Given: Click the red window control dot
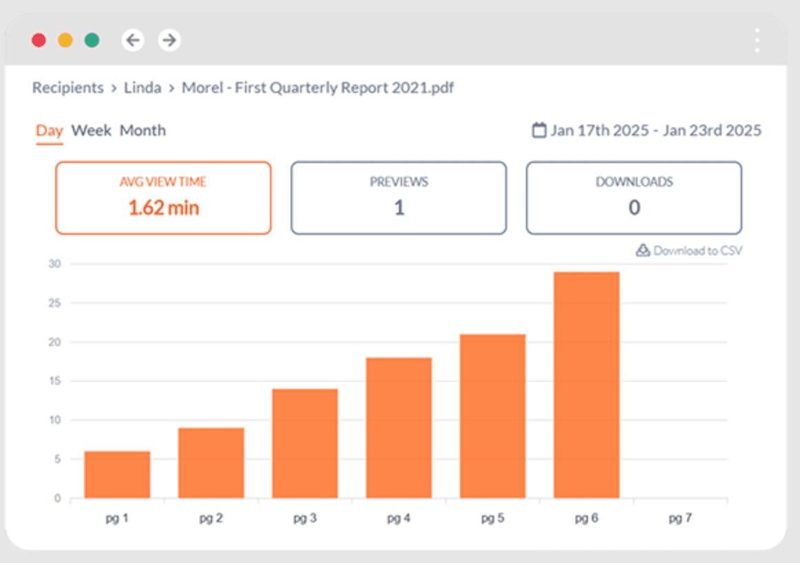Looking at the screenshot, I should coord(39,40).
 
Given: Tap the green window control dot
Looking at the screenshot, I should coord(92,40).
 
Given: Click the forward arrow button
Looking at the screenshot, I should coord(169,40).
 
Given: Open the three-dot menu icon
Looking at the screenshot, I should coord(757,41).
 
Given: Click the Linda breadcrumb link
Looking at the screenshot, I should coord(143,88).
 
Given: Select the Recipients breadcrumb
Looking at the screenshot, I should coord(67,88).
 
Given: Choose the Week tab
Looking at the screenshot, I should coord(92,130).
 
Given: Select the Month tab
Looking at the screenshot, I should coord(143,130).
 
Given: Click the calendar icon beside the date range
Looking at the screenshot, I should coord(540,130).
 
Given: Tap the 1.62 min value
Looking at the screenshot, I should coord(164,207).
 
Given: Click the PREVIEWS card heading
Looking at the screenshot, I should coord(399,182).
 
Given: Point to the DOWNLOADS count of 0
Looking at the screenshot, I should coord(634,207).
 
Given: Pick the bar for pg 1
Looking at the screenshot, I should coord(117,474).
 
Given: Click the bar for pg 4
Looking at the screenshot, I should coord(399,427).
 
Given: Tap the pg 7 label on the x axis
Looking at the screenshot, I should coord(680,518).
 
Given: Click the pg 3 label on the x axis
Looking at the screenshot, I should coord(304,518).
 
